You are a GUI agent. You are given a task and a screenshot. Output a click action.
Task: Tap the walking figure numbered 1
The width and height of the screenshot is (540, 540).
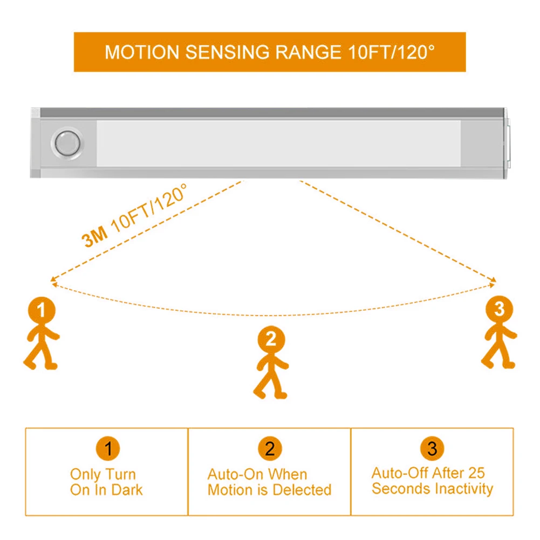(x=42, y=334)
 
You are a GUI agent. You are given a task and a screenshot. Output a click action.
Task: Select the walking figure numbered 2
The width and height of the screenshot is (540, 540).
(x=271, y=364)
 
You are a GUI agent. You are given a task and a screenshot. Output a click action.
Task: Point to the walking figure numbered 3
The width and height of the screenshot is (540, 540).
(x=500, y=334)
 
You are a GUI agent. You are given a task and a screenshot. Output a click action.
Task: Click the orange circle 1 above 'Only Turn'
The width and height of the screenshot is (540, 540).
(x=108, y=448)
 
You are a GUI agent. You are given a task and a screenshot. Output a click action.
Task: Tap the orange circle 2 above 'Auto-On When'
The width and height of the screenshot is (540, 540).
(x=270, y=448)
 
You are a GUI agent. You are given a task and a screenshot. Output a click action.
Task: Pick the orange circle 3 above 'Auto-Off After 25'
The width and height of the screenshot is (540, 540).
(x=432, y=448)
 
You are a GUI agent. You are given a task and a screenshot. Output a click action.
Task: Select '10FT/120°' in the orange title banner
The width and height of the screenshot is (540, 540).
(x=388, y=52)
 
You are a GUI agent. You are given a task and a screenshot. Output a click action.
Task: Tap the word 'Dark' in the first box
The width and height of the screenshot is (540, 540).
(x=127, y=490)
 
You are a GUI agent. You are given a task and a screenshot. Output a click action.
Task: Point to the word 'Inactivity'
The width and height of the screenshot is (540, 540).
(x=462, y=489)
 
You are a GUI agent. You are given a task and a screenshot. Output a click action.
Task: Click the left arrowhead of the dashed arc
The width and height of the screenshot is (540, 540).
(x=52, y=279)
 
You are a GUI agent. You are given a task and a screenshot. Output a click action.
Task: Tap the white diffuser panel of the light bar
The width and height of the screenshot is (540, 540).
(x=278, y=143)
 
